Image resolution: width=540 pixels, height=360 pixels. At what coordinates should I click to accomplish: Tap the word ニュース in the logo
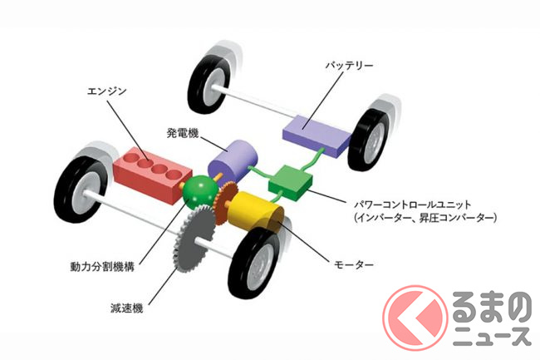click(488, 335)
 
